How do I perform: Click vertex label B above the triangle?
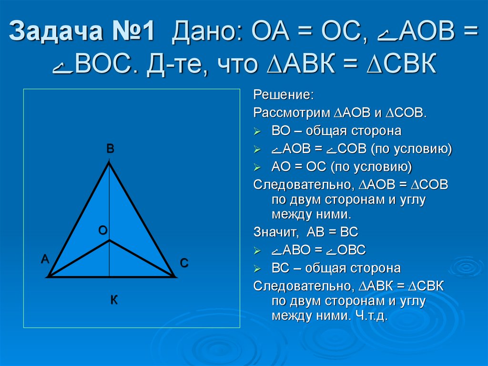point(110,149)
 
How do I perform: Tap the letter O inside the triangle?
point(102,230)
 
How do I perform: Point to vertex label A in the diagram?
point(45,259)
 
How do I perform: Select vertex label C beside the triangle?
point(184,263)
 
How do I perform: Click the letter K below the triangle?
point(114,300)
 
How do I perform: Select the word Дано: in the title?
point(208,33)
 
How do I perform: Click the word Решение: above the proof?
point(283,94)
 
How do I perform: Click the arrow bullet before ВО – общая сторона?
point(257,131)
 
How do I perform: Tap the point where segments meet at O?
point(110,241)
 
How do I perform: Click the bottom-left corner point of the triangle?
point(49,276)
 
